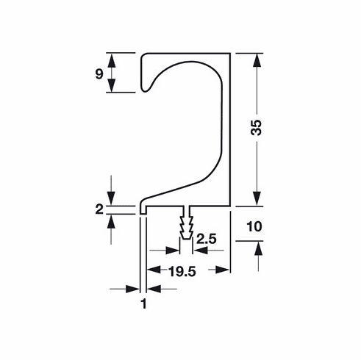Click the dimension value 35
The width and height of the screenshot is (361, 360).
[257, 129]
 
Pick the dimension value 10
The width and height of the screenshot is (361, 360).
[255, 228]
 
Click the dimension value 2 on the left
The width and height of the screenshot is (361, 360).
[99, 209]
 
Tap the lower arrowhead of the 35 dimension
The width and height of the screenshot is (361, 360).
[257, 198]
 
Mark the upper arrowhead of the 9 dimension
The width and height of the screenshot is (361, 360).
[112, 60]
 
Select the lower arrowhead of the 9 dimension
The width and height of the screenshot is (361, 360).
[112, 85]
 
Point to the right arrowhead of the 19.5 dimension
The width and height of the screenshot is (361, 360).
[223, 271]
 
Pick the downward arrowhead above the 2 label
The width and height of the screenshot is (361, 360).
[112, 196]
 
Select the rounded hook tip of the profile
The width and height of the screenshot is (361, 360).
[149, 88]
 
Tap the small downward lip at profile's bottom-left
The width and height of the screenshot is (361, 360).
[143, 210]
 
